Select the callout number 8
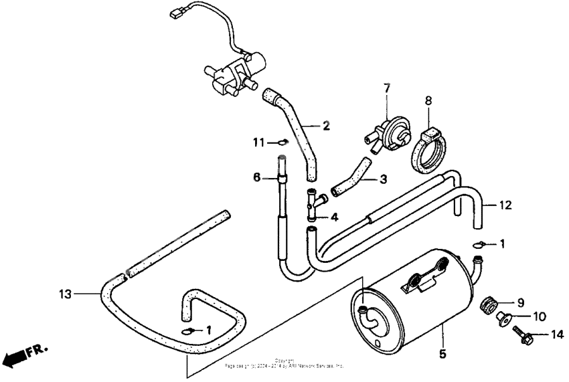coord(428,100)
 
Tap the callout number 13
coord(65,292)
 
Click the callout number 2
coord(327,125)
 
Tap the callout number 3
coord(383,179)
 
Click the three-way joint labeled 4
coord(313,204)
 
